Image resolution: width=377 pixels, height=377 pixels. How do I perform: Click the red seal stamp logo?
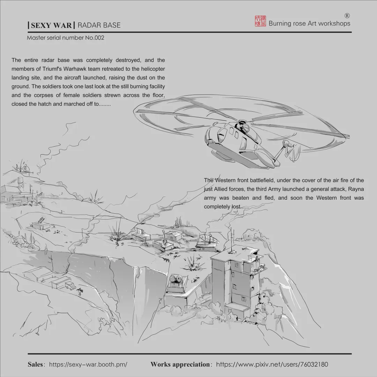click(x=260, y=21)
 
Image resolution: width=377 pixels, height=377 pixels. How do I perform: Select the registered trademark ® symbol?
click(x=347, y=16)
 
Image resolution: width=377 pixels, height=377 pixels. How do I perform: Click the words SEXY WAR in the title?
click(x=51, y=25)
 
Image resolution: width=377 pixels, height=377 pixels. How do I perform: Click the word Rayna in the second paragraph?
click(x=356, y=189)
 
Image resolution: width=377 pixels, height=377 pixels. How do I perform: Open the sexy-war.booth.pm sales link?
click(x=88, y=364)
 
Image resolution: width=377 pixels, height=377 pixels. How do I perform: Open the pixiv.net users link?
click(x=272, y=364)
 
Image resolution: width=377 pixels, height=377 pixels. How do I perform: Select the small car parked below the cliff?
click(x=70, y=286)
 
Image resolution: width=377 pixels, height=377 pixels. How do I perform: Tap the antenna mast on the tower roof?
click(x=231, y=237)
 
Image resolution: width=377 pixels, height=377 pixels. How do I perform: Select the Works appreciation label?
click(x=180, y=364)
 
